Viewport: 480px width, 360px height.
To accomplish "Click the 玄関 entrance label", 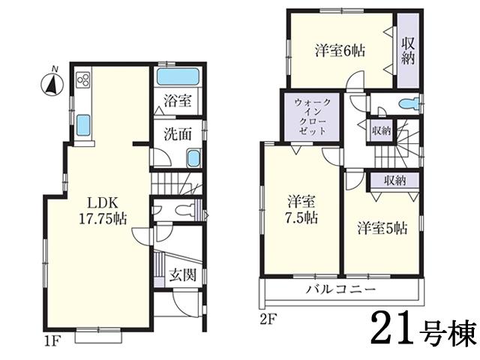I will pyautogui.click(x=184, y=275).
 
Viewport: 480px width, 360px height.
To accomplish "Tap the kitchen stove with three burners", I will pyautogui.click(x=82, y=79).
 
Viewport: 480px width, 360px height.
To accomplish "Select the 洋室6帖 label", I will pyautogui.click(x=339, y=51).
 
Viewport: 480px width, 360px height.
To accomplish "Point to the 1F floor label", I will pyautogui.click(x=51, y=343).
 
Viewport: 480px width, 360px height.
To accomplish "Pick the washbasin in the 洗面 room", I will pyautogui.click(x=193, y=158).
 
